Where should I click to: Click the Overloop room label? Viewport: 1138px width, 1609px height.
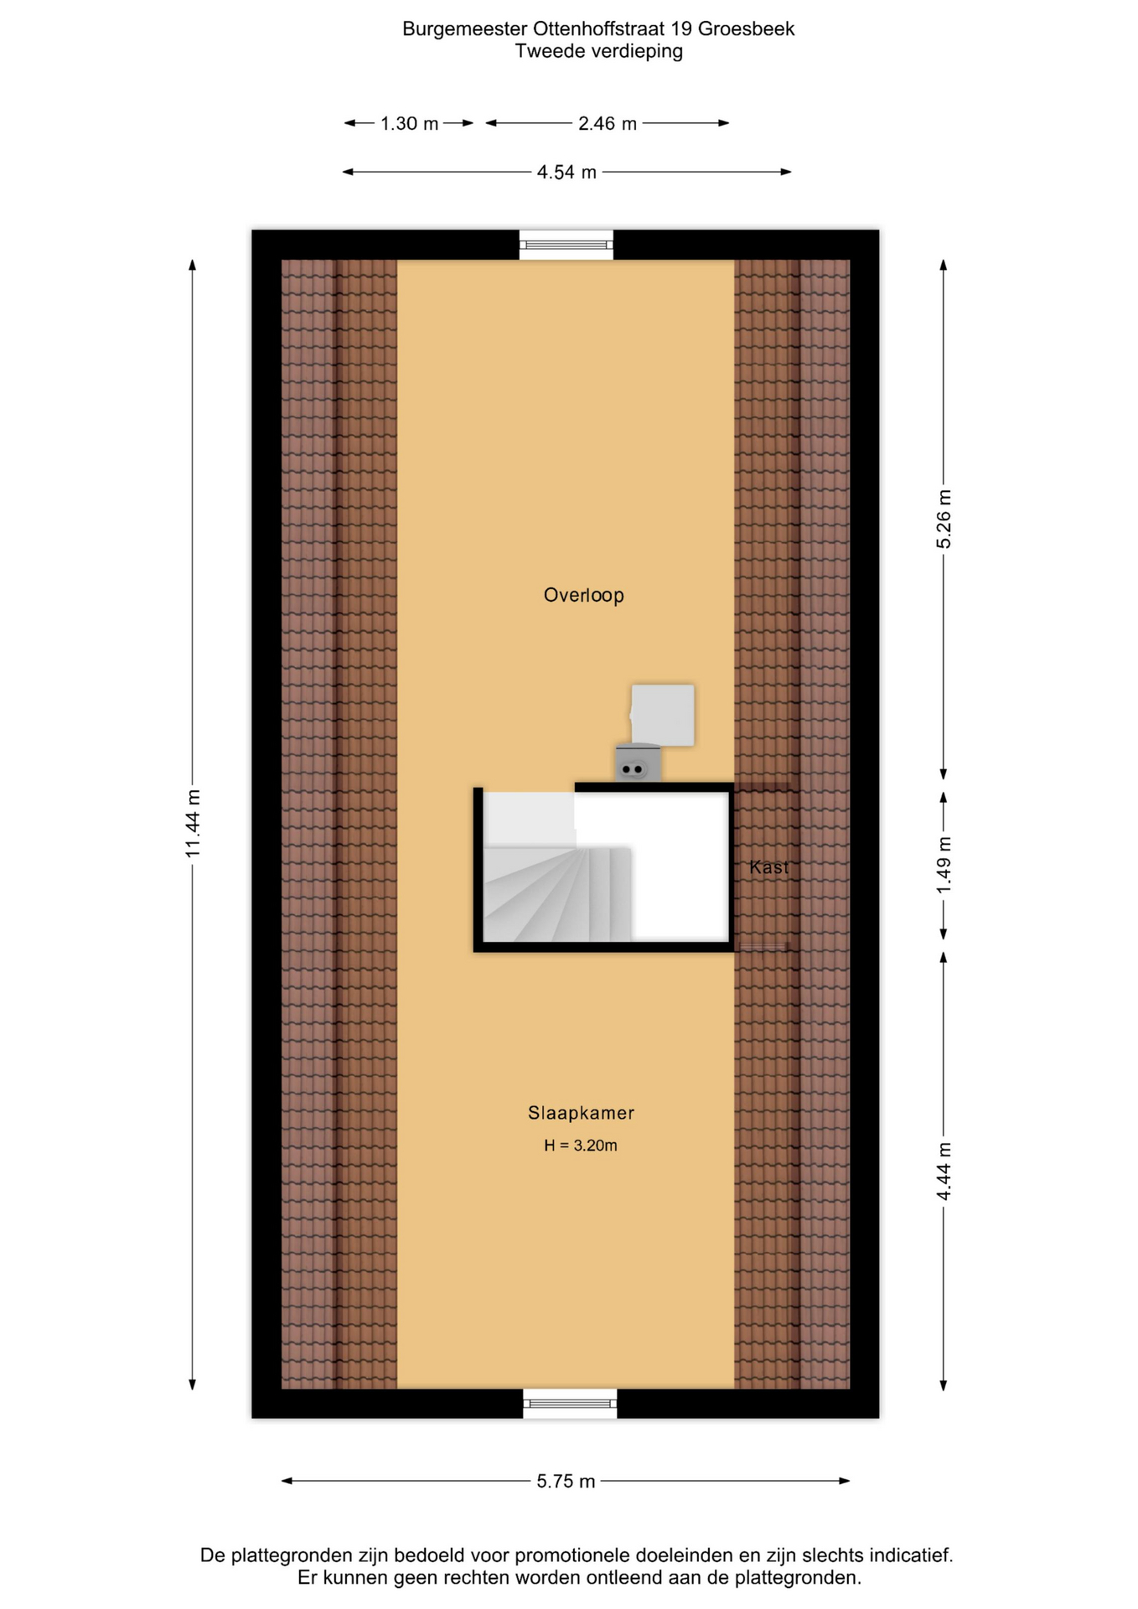(x=583, y=595)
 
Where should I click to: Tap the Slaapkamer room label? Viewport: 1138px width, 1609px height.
(x=581, y=1113)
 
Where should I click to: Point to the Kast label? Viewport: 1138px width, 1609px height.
(x=768, y=867)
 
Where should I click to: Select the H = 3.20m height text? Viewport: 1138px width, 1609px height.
(x=581, y=1146)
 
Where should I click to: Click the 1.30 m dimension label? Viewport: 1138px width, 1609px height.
(x=409, y=124)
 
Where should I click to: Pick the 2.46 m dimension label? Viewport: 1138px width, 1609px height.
(x=608, y=124)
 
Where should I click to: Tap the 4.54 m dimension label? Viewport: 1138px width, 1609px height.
(x=566, y=173)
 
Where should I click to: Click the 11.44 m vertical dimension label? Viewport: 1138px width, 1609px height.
(x=193, y=823)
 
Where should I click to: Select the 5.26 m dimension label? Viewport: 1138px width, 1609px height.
(x=944, y=519)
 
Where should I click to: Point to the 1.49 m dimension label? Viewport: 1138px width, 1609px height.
(x=944, y=865)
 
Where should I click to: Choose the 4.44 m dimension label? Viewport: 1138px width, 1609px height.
(x=944, y=1171)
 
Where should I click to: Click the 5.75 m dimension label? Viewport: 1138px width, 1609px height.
(x=566, y=1482)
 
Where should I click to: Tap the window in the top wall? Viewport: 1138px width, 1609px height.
(x=566, y=245)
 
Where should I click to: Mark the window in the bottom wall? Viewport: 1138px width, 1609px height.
(x=570, y=1404)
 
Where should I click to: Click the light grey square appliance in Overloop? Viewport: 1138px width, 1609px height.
(x=662, y=715)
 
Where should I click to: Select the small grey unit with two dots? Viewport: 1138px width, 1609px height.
(x=638, y=763)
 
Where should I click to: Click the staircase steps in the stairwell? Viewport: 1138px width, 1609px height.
(x=557, y=893)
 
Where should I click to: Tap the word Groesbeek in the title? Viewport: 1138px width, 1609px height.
(x=746, y=28)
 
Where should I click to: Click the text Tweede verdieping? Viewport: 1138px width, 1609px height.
(x=598, y=51)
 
